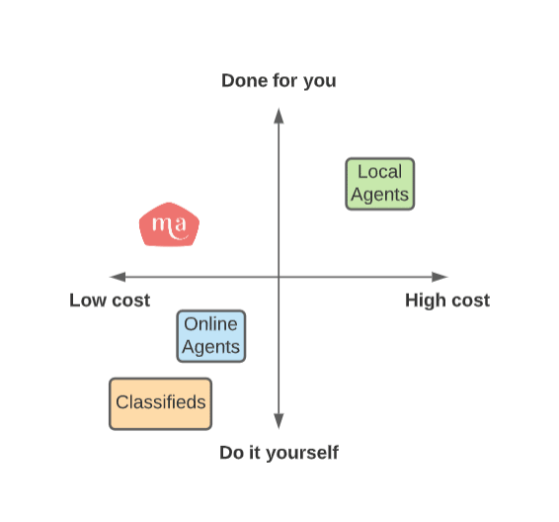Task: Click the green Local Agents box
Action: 380,184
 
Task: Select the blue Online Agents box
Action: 211,336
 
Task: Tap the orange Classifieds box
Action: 160,403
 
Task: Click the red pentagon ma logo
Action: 169,224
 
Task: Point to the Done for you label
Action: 279,81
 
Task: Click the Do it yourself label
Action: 279,453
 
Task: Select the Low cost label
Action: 110,301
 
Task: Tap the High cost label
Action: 447,301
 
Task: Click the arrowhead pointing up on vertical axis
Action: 279,116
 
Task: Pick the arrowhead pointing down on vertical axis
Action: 279,421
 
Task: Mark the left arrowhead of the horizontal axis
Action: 118,277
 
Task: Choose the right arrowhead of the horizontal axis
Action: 439,277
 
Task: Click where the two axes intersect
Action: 279,277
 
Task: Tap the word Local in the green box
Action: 380,172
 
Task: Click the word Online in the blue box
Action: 210,324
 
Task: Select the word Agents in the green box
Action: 379,195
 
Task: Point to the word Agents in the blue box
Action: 210,347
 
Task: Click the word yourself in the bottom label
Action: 302,453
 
